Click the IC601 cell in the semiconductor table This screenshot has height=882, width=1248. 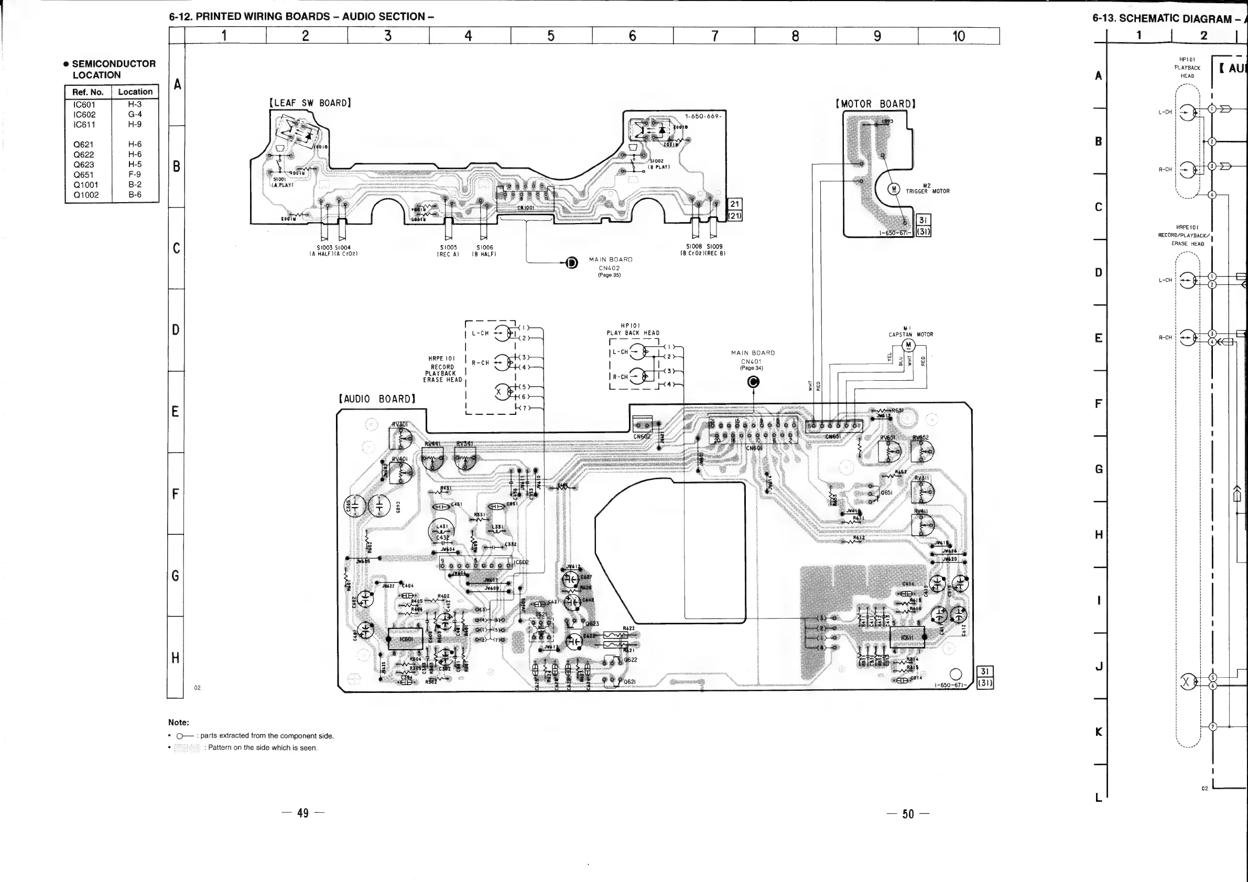[84, 104]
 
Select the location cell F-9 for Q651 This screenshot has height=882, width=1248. [135, 174]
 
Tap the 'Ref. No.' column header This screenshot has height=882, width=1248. [88, 92]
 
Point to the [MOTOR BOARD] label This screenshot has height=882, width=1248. [876, 104]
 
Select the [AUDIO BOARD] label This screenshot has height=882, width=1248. [377, 399]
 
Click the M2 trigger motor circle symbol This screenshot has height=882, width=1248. [893, 189]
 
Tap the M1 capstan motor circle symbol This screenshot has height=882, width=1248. [908, 345]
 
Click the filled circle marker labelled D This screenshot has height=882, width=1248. [571, 263]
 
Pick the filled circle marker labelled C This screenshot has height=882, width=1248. [753, 382]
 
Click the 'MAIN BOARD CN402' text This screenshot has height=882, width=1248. [611, 264]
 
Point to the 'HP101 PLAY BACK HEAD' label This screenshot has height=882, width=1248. [633, 329]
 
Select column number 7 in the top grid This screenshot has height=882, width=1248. [714, 36]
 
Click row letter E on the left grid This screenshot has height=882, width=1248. [175, 411]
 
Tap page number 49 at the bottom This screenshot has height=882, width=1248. [303, 813]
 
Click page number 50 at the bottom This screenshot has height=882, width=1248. [908, 813]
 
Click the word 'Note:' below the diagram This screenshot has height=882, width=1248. [178, 722]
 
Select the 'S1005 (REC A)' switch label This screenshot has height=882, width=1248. [449, 250]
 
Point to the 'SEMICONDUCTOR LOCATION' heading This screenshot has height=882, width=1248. [114, 69]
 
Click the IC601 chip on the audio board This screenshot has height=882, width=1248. [406, 638]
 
